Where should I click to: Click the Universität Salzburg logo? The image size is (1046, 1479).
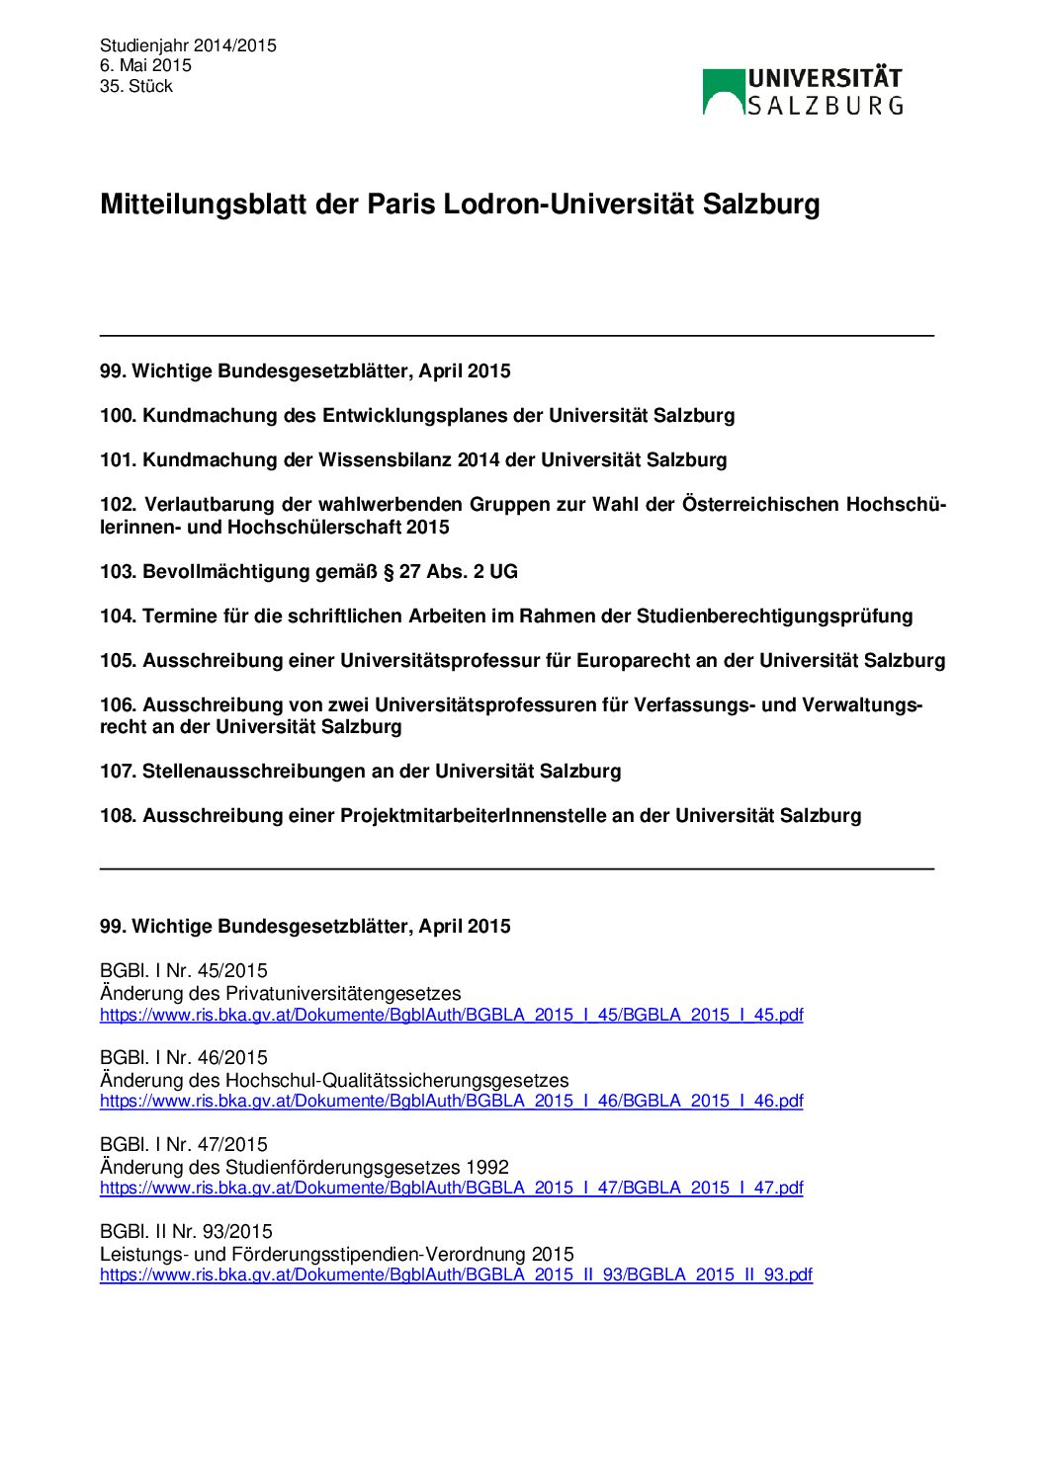point(802,91)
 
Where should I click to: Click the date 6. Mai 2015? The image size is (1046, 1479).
point(145,66)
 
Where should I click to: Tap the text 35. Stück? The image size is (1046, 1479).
point(136,87)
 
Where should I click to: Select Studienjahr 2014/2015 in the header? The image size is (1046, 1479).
point(188,45)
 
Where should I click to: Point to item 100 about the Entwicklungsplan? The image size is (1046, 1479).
point(417,416)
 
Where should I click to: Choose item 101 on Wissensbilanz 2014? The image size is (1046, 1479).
point(413,460)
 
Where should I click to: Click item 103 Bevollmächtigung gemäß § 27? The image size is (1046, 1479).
point(308,572)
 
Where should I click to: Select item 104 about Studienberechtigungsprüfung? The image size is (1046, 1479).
point(506,616)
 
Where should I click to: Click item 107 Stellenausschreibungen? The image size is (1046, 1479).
point(361,772)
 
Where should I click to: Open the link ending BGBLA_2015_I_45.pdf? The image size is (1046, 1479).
point(451,1015)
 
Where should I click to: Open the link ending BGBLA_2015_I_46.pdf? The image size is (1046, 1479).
point(451,1102)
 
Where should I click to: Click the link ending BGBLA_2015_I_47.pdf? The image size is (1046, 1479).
point(451,1189)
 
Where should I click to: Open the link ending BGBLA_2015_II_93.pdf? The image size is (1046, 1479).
point(456,1275)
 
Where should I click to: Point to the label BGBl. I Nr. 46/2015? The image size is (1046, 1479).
point(184,1058)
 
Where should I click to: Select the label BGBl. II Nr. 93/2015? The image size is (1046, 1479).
point(186,1232)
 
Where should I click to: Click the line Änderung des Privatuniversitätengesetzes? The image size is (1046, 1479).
point(281,994)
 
